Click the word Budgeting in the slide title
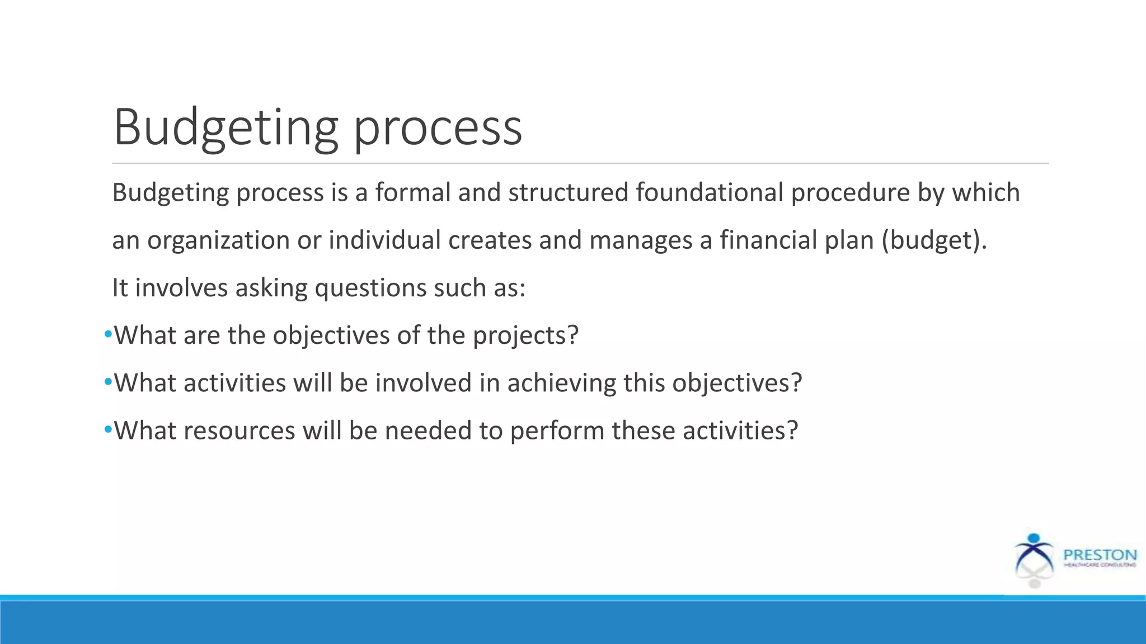coord(226,127)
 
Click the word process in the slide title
coord(438,130)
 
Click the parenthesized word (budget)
coord(934,241)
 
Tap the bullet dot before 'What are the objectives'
coord(108,335)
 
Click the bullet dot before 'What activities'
coord(108,382)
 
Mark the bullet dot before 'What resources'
coord(108,430)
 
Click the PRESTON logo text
coord(1099,555)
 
